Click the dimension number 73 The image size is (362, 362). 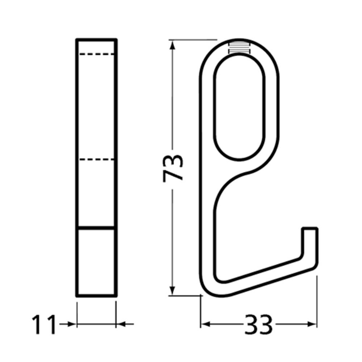174,167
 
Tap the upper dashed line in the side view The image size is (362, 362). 96,55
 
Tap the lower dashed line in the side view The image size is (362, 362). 96,161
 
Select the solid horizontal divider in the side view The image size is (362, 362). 96,228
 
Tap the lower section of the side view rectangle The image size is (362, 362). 96,262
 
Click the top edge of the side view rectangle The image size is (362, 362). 96,40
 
